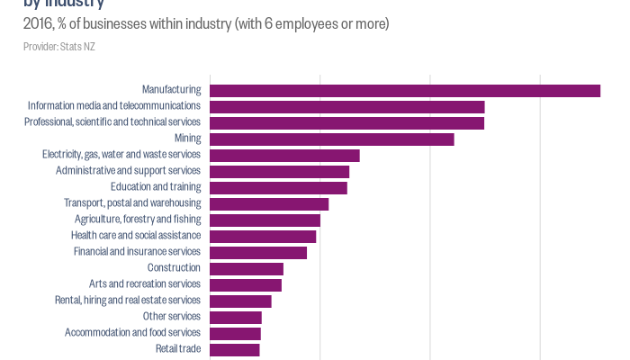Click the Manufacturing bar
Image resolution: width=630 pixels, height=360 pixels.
[405, 90]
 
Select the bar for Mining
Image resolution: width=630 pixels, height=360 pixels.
[332, 139]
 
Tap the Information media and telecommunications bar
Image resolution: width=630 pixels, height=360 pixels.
[347, 106]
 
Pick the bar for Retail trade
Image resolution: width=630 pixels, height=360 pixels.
[235, 349]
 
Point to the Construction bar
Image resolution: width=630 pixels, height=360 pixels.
[247, 268]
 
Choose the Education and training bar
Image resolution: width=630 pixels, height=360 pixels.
[278, 187]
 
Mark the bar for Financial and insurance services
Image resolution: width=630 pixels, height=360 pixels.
[258, 252]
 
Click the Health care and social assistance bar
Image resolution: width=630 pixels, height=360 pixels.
[263, 236]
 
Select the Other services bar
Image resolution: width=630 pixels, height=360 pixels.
[236, 317]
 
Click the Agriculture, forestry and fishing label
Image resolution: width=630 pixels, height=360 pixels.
[138, 220]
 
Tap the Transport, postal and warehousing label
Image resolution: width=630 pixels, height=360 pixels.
[132, 203]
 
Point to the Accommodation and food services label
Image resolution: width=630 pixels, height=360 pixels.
[132, 333]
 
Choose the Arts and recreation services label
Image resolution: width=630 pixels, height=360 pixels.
[145, 284]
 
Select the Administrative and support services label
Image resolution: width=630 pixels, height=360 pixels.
[128, 171]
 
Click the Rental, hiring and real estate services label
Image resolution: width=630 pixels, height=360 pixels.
[128, 301]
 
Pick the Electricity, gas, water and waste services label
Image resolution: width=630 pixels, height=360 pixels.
[121, 155]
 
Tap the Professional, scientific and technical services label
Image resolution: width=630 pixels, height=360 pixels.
[112, 122]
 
